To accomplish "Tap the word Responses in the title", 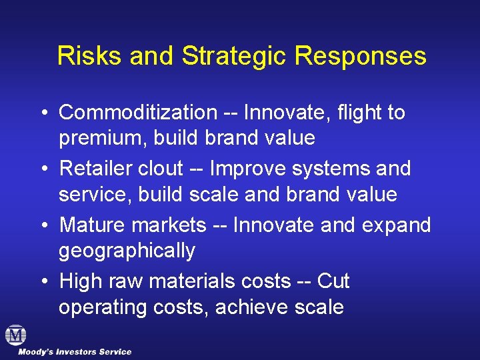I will (x=361, y=56).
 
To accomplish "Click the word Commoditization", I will (x=138, y=113).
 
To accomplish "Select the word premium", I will (x=103, y=139).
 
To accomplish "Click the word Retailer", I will (x=95, y=169).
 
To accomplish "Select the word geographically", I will (x=127, y=251).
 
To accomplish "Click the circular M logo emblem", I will (x=15, y=335).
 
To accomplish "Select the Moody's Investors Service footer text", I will (x=75, y=352).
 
